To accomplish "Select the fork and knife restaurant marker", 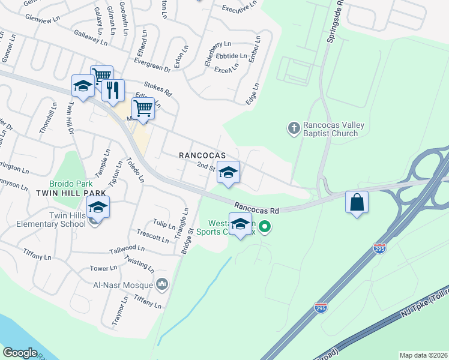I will [x=113, y=90].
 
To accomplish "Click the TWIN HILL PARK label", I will [x=71, y=193].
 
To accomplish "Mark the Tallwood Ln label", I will [x=127, y=249].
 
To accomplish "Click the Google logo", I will [x=20, y=352].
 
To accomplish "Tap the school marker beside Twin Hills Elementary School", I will [x=98, y=208].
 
